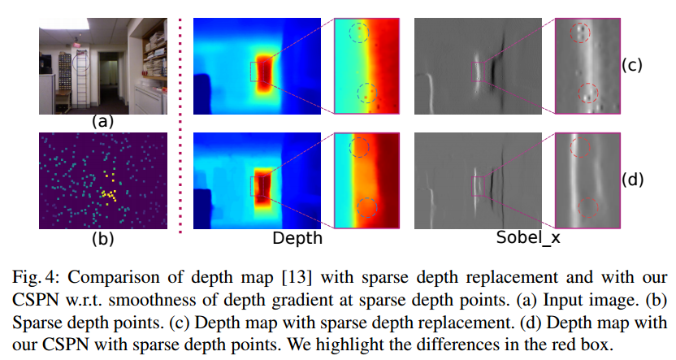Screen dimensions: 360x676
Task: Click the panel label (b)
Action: pos(102,239)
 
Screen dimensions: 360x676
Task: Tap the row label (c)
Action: pos(631,67)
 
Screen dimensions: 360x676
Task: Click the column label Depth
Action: pos(298,239)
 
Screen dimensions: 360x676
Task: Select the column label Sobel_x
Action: pos(527,239)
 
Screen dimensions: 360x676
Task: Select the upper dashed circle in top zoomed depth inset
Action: pos(359,33)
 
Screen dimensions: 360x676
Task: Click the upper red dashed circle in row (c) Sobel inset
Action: pos(580,33)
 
